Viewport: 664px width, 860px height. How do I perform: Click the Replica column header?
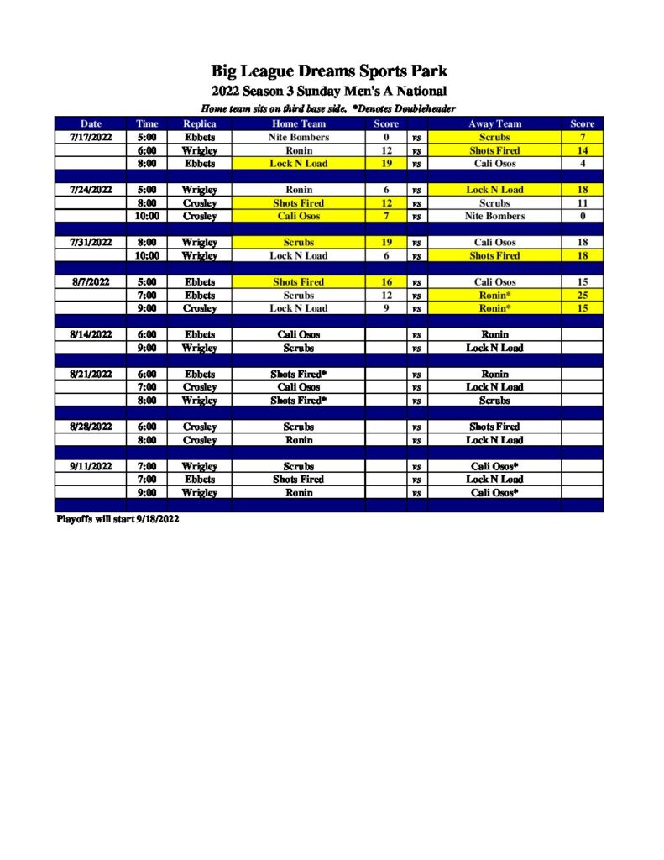(200, 123)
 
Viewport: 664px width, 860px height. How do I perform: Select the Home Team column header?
(299, 123)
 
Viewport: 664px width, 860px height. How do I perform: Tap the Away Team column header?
(494, 123)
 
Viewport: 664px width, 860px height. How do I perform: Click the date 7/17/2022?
(91, 137)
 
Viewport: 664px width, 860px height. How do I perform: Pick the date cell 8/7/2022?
(91, 282)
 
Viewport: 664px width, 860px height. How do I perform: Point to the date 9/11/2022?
(91, 466)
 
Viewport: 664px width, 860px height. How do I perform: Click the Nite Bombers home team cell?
(299, 137)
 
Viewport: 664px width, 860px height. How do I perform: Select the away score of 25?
(582, 296)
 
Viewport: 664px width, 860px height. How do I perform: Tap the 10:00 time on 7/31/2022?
(147, 255)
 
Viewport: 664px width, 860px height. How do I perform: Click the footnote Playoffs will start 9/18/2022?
(118, 519)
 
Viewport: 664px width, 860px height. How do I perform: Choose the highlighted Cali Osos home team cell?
(299, 216)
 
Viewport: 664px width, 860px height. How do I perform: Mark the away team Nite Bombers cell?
(494, 216)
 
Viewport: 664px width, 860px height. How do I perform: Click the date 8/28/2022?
(91, 427)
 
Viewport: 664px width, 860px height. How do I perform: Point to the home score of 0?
(386, 137)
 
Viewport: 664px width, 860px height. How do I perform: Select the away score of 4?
(582, 164)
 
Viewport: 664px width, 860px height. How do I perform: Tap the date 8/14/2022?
(91, 334)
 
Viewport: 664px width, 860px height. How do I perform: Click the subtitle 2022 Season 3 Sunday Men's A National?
(329, 91)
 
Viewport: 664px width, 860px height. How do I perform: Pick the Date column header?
(91, 123)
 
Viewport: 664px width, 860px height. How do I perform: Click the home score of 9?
(386, 308)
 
